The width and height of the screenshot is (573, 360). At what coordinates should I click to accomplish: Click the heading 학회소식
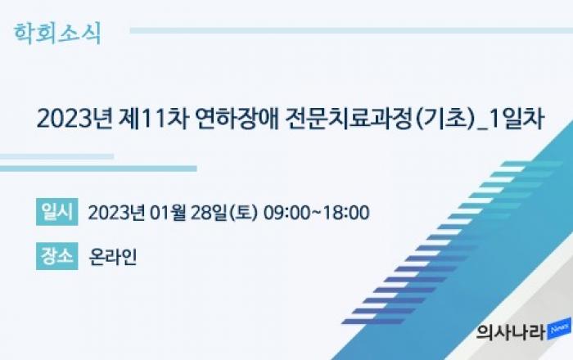point(57,34)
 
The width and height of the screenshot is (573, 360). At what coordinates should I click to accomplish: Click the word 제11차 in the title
point(154,119)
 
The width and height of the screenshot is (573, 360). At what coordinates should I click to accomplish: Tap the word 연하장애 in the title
point(237,119)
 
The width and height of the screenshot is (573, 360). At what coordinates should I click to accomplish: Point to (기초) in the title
point(444,119)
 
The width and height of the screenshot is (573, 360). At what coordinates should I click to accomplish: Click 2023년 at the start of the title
point(74,119)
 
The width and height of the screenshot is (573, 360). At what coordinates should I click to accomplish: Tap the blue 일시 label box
point(57,212)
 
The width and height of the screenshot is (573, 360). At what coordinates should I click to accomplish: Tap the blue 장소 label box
point(57,256)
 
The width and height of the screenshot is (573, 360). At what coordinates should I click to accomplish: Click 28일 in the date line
point(210,213)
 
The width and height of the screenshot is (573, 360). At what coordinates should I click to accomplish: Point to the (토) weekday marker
point(243,213)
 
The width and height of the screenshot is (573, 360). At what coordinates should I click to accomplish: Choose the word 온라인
point(113,257)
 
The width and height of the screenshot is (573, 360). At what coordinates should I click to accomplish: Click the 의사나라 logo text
point(511,331)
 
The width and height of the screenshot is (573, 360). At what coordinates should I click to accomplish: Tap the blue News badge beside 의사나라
point(559,329)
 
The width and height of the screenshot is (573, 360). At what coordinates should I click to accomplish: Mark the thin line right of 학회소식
point(351,30)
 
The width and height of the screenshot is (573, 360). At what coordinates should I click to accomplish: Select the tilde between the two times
point(317,213)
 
